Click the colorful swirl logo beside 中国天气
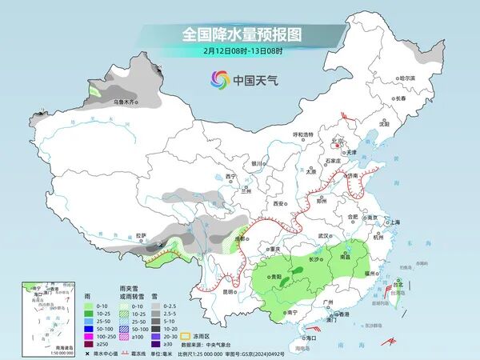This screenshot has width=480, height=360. (x=219, y=79)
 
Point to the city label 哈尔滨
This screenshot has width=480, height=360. (x=408, y=78)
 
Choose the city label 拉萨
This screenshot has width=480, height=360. (x=142, y=235)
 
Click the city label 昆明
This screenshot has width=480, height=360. (x=230, y=291)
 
